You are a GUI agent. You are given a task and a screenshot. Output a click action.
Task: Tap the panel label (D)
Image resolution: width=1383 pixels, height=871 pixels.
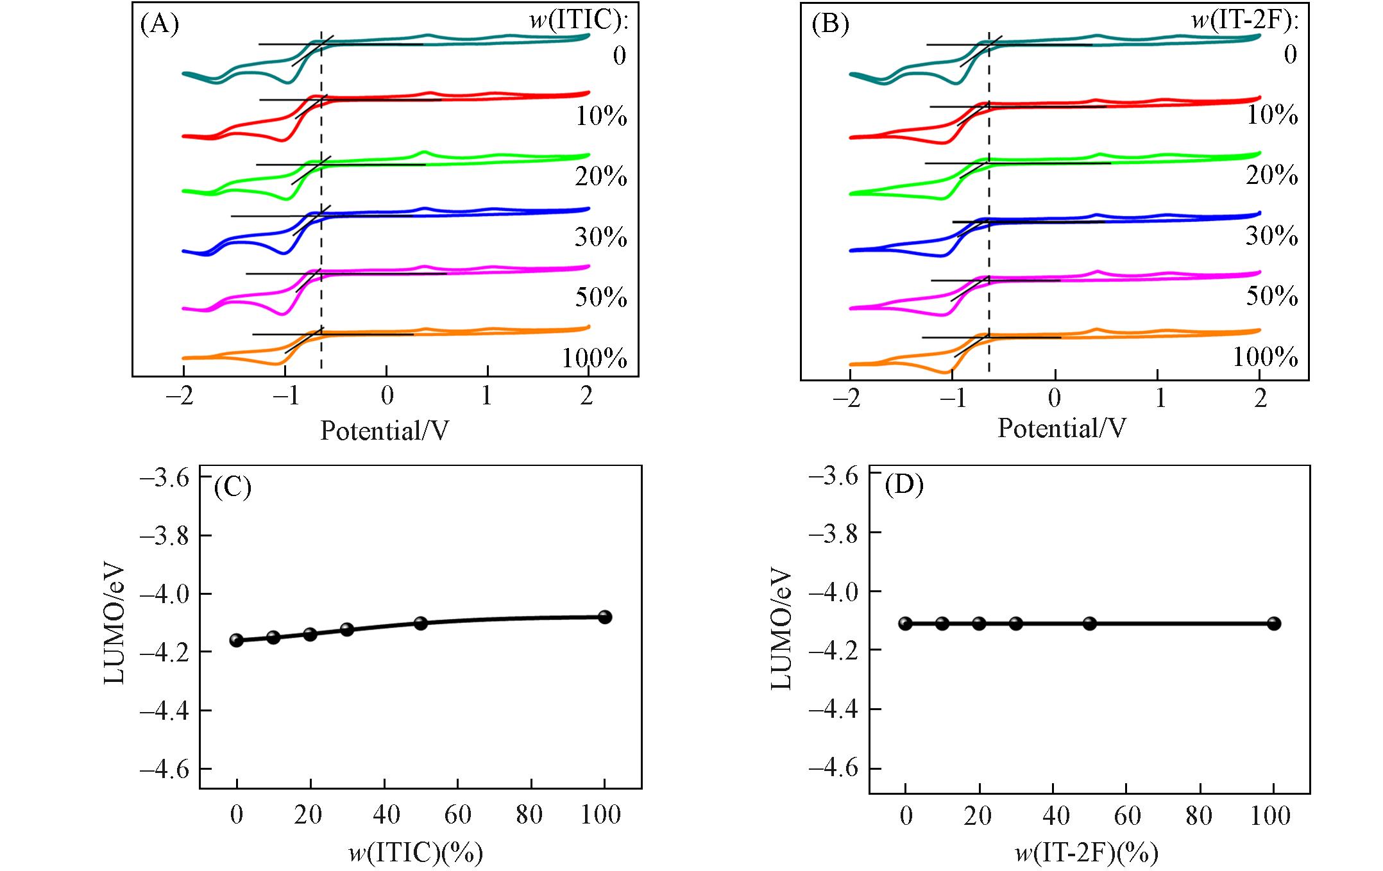pos(904,485)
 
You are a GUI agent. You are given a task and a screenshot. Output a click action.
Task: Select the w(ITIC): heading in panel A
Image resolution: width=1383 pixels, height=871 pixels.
pos(579,21)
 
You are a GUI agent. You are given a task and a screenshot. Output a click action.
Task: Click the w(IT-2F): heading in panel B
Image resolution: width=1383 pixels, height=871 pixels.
pos(1244,21)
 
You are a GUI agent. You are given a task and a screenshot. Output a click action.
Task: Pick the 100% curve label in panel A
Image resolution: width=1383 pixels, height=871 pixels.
pos(595,358)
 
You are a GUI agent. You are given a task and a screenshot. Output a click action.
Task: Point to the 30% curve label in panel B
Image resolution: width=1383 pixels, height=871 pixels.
pos(1271,236)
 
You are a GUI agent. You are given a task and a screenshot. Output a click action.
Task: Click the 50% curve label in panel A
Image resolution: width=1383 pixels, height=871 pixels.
pos(601,298)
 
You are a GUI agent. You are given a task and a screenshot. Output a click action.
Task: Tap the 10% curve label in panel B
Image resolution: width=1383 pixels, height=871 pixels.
pos(1271,115)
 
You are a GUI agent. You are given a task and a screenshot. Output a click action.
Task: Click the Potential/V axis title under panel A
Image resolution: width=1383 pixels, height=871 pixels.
pos(384,431)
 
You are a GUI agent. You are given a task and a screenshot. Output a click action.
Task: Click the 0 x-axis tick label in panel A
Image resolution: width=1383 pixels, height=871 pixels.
pos(387,396)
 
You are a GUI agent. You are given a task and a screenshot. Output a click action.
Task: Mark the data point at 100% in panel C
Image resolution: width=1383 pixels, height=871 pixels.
pos(604,617)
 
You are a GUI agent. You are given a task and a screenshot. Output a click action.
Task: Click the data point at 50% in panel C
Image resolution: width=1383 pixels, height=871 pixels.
pos(421,623)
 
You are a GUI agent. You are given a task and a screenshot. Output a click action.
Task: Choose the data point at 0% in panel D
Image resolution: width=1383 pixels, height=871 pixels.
pos(905,623)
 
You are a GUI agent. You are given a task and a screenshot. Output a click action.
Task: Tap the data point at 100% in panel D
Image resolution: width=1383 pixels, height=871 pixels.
pos(1274,623)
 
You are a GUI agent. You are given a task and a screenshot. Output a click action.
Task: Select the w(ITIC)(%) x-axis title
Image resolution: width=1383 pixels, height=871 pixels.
pos(416,853)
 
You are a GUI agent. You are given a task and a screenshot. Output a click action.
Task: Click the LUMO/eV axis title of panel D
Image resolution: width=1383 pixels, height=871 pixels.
pos(781,629)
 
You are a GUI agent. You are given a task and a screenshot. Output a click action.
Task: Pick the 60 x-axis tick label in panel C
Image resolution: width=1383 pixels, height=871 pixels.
pos(458,815)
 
